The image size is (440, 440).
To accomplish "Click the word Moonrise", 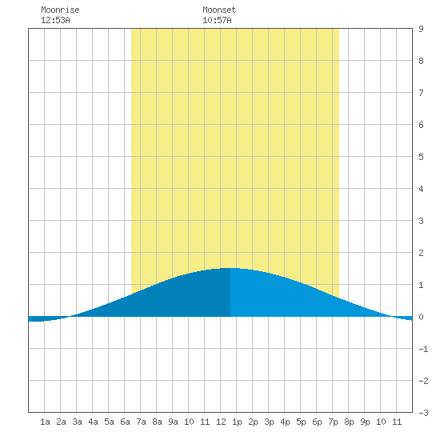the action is [60, 10].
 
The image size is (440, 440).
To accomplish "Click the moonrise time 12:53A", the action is [55, 20].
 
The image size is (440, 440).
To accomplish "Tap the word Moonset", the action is [219, 10].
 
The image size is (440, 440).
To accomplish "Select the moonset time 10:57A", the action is [217, 20].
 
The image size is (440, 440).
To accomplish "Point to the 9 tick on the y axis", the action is [421, 29].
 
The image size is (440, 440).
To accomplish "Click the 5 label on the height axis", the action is [421, 157].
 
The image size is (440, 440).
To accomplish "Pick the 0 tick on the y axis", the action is [421, 317].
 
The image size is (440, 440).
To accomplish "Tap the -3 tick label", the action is [423, 413].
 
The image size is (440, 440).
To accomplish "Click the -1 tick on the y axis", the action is [423, 349].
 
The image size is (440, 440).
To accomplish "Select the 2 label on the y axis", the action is [421, 253].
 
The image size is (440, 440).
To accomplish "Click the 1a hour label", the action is [45, 422].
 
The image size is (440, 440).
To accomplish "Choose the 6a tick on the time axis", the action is [125, 422].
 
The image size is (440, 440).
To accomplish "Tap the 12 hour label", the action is [221, 422].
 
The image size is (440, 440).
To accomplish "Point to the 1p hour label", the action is [237, 422].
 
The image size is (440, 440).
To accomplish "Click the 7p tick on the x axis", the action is [333, 422].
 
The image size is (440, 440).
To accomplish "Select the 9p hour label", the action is [365, 422].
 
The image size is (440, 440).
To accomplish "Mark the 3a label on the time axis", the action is [77, 422].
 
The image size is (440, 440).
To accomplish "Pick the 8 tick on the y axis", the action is [421, 61].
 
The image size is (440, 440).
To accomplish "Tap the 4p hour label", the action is [285, 422].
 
